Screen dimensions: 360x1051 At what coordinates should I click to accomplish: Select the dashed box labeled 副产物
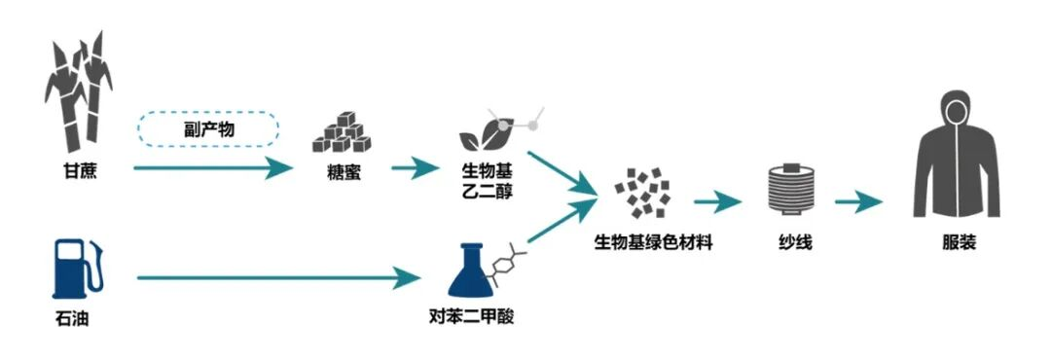[210, 128]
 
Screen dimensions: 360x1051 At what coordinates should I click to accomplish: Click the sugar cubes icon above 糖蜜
[337, 133]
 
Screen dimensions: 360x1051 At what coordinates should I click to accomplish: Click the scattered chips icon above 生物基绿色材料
[641, 191]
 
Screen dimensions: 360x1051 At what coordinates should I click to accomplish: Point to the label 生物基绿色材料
[653, 243]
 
